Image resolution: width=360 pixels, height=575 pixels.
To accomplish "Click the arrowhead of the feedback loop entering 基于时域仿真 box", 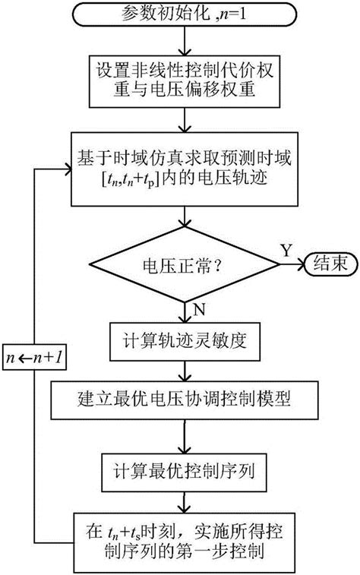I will [x=65, y=169].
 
